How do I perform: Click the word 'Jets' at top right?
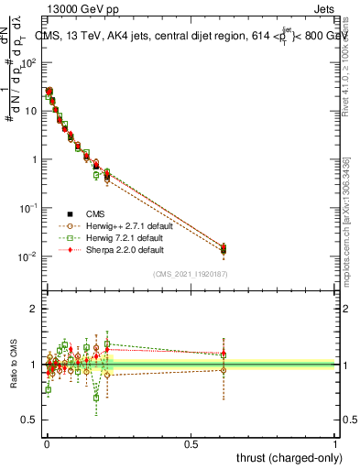[x=324, y=9]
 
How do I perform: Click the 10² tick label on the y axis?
[x=28, y=62]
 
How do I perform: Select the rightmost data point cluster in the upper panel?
[x=223, y=248]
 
